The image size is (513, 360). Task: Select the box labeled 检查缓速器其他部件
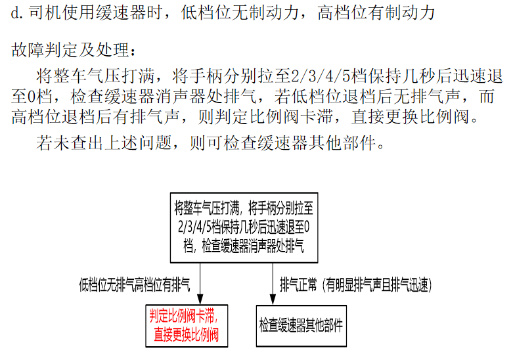301,326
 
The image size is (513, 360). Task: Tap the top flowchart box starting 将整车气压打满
244,228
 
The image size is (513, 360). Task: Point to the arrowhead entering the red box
200,300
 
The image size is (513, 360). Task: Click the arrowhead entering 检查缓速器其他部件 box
273,300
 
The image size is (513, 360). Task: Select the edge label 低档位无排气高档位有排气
135,284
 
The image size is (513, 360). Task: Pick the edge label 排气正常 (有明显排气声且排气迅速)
355,284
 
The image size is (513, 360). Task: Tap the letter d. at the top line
17,13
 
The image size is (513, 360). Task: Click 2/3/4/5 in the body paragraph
321,76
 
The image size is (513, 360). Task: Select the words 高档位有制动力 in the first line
376,13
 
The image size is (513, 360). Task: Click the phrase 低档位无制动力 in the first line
240,13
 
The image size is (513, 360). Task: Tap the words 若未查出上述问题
104,143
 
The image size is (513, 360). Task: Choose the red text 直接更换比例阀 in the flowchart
186,335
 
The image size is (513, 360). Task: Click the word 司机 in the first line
45,13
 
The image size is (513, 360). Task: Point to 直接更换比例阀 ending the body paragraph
411,117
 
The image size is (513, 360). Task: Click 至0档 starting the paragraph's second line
32,97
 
